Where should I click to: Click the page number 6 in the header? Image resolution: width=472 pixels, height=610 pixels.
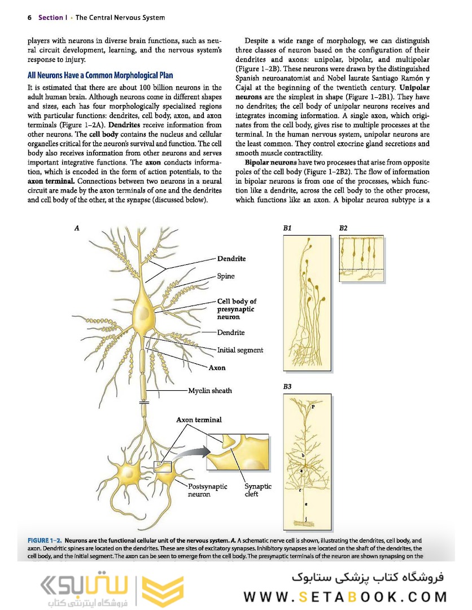click(29, 18)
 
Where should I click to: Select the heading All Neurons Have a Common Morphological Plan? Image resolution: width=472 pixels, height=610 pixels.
click(100, 75)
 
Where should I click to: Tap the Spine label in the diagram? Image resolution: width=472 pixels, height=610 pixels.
click(226, 276)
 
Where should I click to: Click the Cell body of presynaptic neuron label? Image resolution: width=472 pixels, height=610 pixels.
click(237, 309)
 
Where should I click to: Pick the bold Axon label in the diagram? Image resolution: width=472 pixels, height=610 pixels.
click(217, 368)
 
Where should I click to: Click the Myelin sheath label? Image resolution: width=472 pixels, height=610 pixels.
click(210, 390)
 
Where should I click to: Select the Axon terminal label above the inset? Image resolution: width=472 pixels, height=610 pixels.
click(199, 420)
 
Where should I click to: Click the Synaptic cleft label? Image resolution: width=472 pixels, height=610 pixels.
click(257, 490)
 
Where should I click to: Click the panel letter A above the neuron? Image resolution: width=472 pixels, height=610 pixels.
click(76, 228)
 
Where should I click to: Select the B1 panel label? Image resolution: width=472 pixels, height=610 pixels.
click(287, 228)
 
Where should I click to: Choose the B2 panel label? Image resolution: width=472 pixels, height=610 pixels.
click(343, 228)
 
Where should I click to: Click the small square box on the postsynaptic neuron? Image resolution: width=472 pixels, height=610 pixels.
click(162, 467)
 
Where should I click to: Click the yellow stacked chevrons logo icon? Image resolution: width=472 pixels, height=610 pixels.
click(154, 592)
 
